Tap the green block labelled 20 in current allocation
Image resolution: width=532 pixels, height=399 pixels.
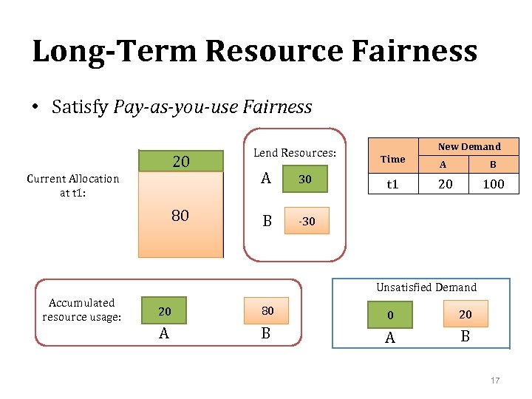click(x=180, y=161)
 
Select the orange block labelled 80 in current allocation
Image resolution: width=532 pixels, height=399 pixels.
click(x=180, y=215)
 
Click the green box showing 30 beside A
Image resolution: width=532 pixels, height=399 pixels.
click(x=304, y=179)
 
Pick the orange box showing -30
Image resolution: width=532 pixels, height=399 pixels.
click(x=304, y=221)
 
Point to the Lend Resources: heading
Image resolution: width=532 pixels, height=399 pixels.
click(x=295, y=153)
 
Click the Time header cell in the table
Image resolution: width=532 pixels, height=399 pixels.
click(x=392, y=159)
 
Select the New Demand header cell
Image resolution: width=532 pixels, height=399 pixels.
click(x=469, y=146)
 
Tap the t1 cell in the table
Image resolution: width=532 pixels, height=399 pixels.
click(x=392, y=184)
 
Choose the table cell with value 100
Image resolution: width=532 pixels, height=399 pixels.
click(x=493, y=184)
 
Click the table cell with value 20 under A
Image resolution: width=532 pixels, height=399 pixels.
click(x=445, y=184)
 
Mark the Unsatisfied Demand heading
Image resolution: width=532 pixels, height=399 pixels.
click(x=426, y=287)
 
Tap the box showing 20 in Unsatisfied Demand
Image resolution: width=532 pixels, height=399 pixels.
click(x=465, y=314)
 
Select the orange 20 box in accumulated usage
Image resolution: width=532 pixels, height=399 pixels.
click(x=165, y=312)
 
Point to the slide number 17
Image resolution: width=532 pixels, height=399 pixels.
click(x=495, y=381)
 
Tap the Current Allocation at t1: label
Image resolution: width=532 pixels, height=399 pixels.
click(x=72, y=185)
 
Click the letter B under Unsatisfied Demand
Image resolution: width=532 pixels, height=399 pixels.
click(x=465, y=336)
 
